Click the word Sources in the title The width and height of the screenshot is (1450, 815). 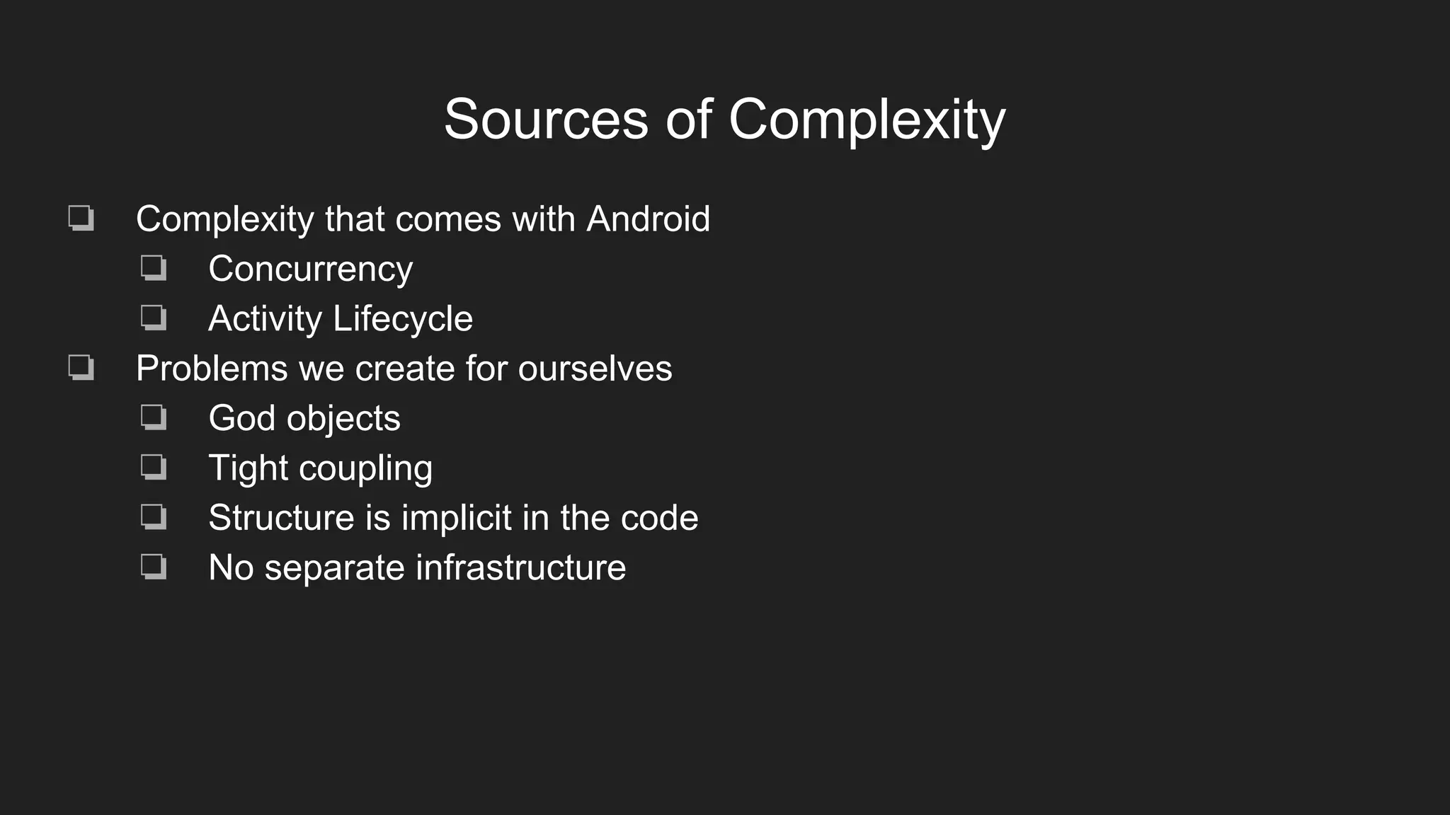tap(545, 119)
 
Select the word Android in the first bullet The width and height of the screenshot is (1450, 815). tap(648, 219)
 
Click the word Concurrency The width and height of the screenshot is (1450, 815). tap(310, 270)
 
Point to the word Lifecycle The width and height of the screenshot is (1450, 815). tap(402, 319)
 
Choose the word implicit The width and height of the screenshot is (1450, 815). tap(456, 518)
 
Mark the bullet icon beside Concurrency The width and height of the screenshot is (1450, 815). tap(153, 268)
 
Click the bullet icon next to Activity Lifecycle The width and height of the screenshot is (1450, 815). tap(153, 318)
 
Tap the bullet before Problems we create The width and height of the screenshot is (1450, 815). tap(81, 368)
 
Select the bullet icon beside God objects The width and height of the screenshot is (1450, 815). tap(153, 417)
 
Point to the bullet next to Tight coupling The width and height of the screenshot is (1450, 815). tap(153, 467)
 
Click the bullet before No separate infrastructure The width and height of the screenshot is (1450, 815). tap(153, 567)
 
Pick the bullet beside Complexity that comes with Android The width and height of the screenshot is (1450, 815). tap(81, 218)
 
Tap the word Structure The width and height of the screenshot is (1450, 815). tap(281, 518)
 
